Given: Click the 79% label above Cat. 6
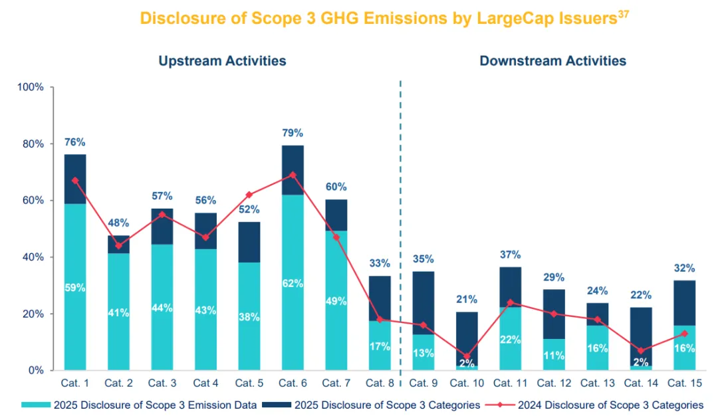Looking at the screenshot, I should pyautogui.click(x=293, y=132).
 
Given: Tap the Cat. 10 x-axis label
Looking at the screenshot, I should pyautogui.click(x=465, y=383).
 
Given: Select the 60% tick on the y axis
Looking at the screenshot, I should pyautogui.click(x=32, y=201).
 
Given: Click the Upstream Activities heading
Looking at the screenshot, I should pyautogui.click(x=222, y=61).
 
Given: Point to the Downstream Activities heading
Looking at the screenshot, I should pyautogui.click(x=552, y=61).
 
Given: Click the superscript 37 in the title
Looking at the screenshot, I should pyautogui.click(x=623, y=14).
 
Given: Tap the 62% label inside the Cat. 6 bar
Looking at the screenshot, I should pyautogui.click(x=293, y=284).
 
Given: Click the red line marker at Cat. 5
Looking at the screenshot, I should pyautogui.click(x=249, y=195).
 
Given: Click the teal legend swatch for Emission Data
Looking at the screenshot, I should pyautogui.click(x=36, y=404).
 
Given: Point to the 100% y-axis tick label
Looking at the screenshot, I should pyautogui.click(x=30, y=87).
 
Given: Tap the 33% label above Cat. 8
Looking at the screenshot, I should pyautogui.click(x=379, y=263).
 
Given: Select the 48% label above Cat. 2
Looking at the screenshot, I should pyautogui.click(x=118, y=223).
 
